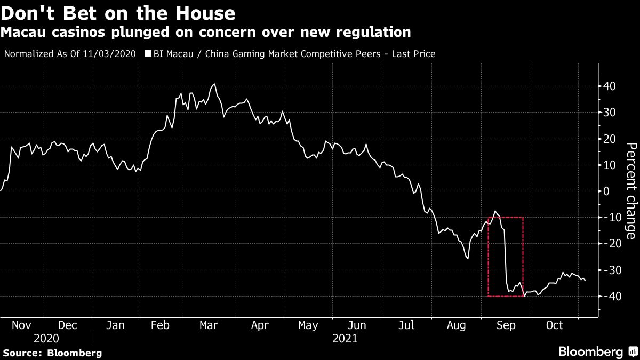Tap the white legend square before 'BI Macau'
click(148, 54)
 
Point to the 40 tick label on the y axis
click(610, 86)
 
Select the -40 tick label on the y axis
click(607, 296)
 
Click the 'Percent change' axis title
click(631, 191)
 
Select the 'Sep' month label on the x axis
click(506, 325)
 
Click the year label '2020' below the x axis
click(46, 338)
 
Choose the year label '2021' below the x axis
click(345, 338)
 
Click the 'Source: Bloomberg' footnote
click(52, 353)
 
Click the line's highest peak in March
click(214, 84)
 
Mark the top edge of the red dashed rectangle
click(506, 217)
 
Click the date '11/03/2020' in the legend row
click(110, 54)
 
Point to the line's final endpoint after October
click(585, 281)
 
